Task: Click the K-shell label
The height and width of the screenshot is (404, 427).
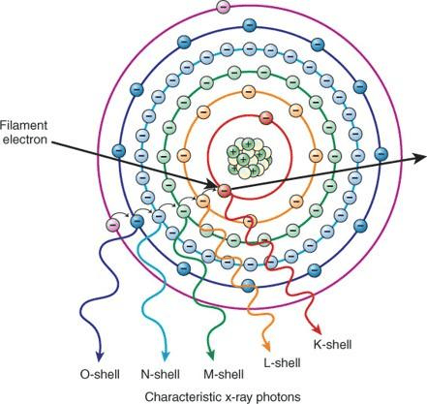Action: pyautogui.click(x=332, y=344)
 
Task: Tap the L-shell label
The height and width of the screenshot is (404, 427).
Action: pyautogui.click(x=282, y=362)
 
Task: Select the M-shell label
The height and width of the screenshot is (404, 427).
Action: pyautogui.click(x=224, y=375)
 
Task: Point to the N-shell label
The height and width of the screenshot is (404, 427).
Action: pyautogui.click(x=161, y=375)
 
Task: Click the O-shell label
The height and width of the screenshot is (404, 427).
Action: pyautogui.click(x=100, y=375)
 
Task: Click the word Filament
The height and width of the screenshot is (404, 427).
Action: pyautogui.click(x=23, y=125)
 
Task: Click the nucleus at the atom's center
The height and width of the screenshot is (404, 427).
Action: pyautogui.click(x=248, y=158)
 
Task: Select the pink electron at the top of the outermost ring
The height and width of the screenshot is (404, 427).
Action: pyautogui.click(x=223, y=7)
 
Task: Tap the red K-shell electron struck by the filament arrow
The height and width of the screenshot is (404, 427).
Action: pyautogui.click(x=224, y=191)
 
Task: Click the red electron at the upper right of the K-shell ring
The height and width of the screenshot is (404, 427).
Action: pyautogui.click(x=266, y=118)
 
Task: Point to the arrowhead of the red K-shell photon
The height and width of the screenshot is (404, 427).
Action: pyautogui.click(x=317, y=330)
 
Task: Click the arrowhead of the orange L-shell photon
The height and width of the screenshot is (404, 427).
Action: pyautogui.click(x=266, y=347)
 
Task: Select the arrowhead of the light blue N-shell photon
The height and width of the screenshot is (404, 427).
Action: pyautogui.click(x=166, y=356)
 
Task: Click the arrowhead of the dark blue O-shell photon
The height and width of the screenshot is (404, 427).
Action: pyautogui.click(x=100, y=356)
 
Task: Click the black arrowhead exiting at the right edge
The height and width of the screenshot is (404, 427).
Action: pyautogui.click(x=420, y=157)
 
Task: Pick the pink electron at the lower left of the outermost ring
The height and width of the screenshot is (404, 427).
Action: pyautogui.click(x=113, y=224)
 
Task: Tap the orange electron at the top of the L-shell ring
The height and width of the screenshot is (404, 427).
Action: pyautogui.click(x=248, y=92)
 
